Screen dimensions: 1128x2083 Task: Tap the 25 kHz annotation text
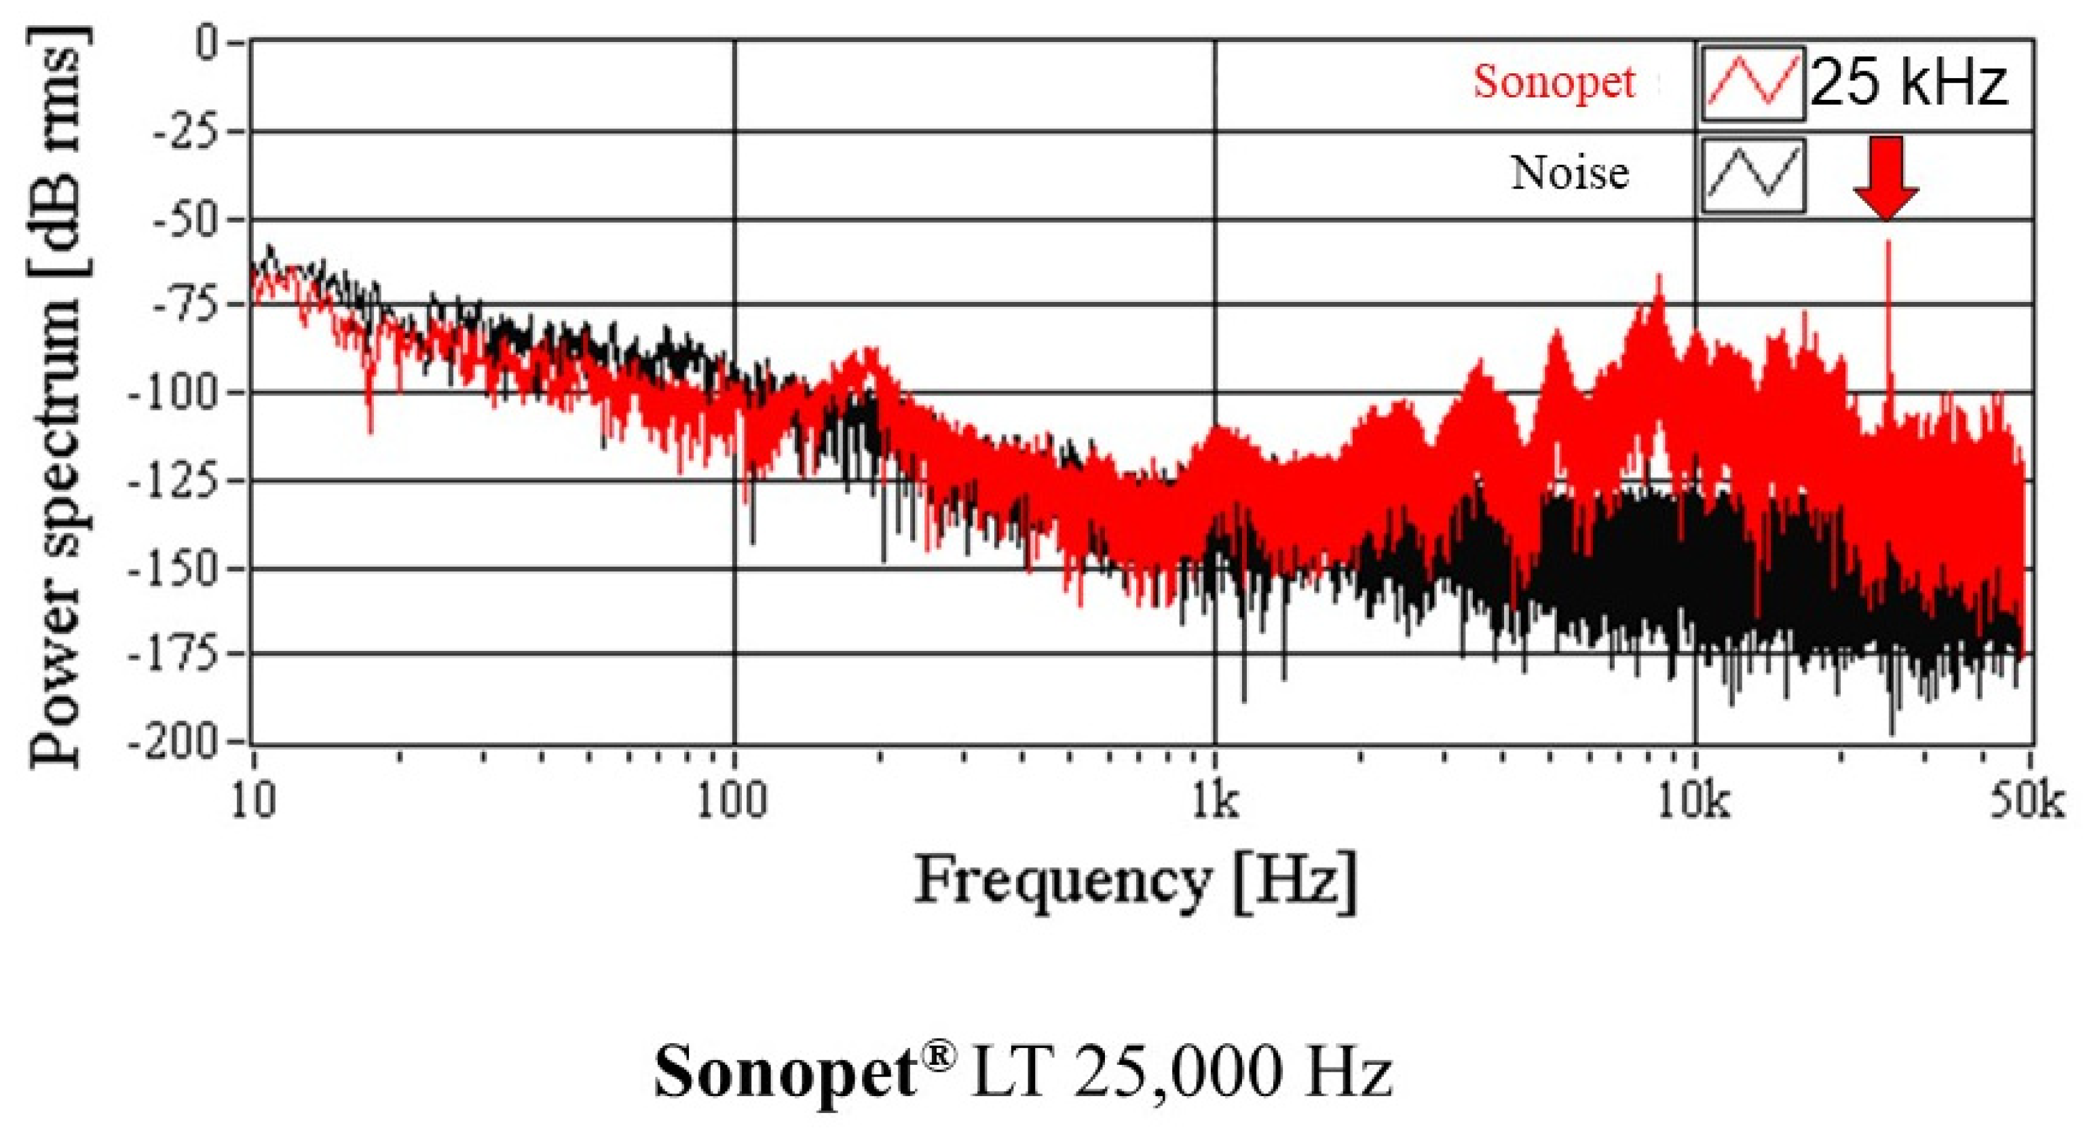[1909, 83]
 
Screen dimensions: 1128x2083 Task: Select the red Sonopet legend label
[1554, 81]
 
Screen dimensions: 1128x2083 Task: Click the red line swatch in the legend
[1752, 84]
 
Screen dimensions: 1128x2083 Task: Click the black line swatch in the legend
[1752, 176]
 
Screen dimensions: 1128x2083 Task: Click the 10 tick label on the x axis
[254, 802]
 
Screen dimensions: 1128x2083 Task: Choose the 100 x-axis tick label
[732, 802]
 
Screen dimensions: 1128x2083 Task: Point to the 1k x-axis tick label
[1214, 802]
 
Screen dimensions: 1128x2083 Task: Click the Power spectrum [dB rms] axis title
[56, 396]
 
